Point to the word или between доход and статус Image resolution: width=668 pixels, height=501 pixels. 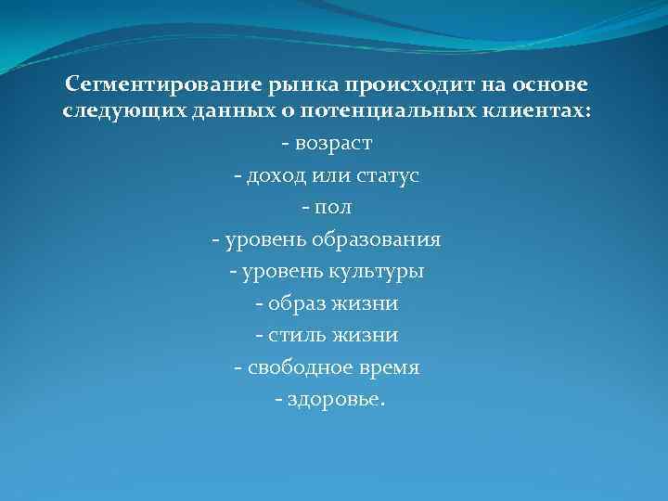(x=329, y=175)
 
